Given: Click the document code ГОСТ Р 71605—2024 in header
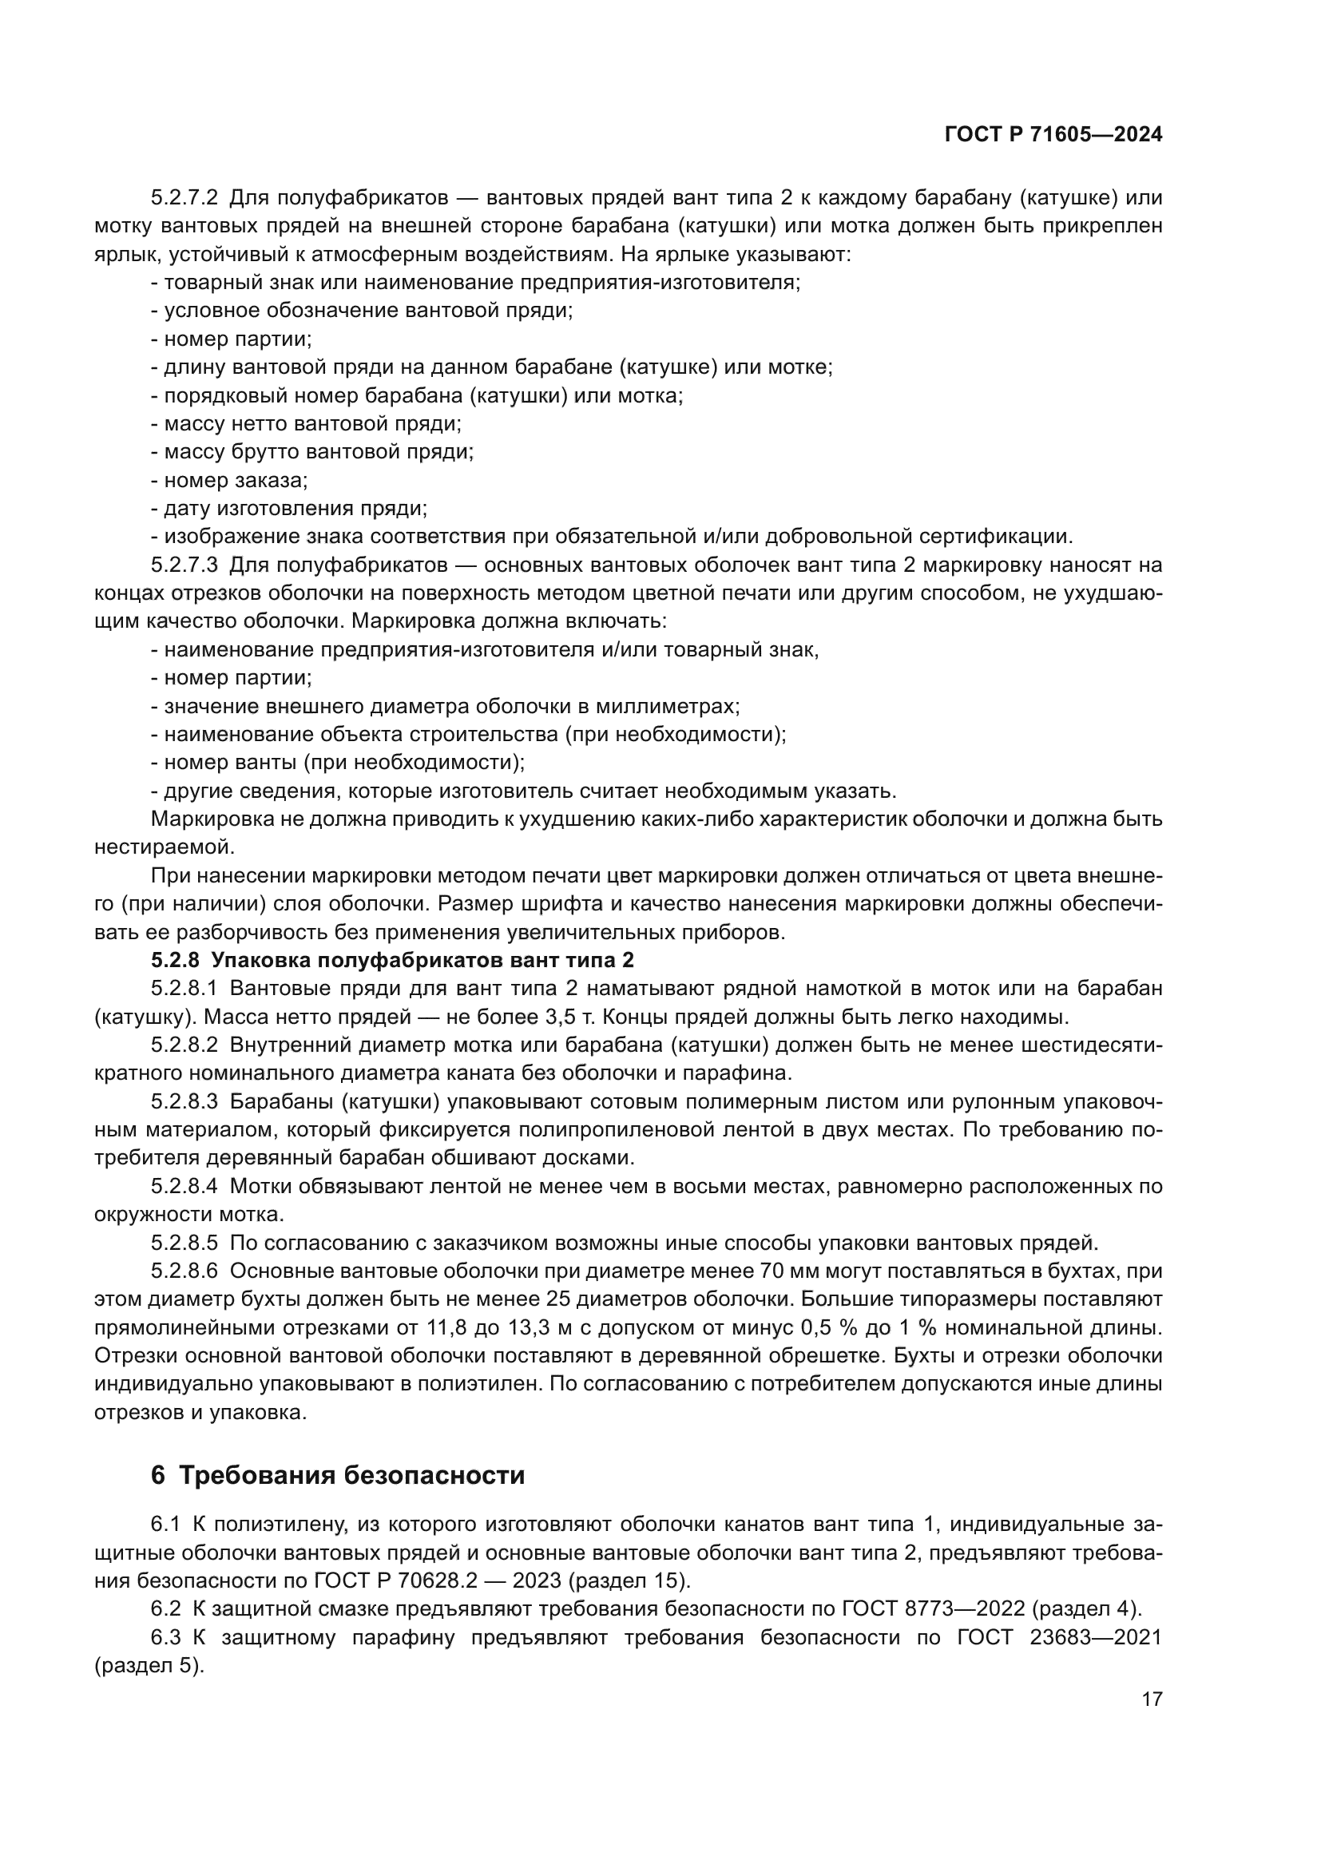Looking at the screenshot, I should point(1053,135).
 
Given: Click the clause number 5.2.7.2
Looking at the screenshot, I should point(184,198).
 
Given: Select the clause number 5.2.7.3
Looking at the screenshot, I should point(184,565).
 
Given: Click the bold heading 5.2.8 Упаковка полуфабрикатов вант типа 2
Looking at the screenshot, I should point(392,960).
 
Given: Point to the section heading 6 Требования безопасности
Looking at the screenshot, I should point(338,1475).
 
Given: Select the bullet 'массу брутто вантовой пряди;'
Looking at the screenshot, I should point(312,451).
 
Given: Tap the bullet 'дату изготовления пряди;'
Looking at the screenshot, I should point(290,509).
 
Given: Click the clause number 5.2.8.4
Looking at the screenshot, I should point(184,1186).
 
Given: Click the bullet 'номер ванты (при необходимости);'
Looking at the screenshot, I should point(339,763).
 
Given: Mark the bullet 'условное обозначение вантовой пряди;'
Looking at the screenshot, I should point(363,310).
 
